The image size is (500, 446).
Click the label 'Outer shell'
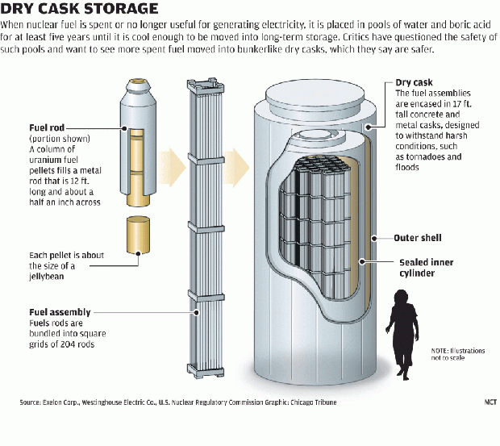pos(417,238)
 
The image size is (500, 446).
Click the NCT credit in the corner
pos(490,402)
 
